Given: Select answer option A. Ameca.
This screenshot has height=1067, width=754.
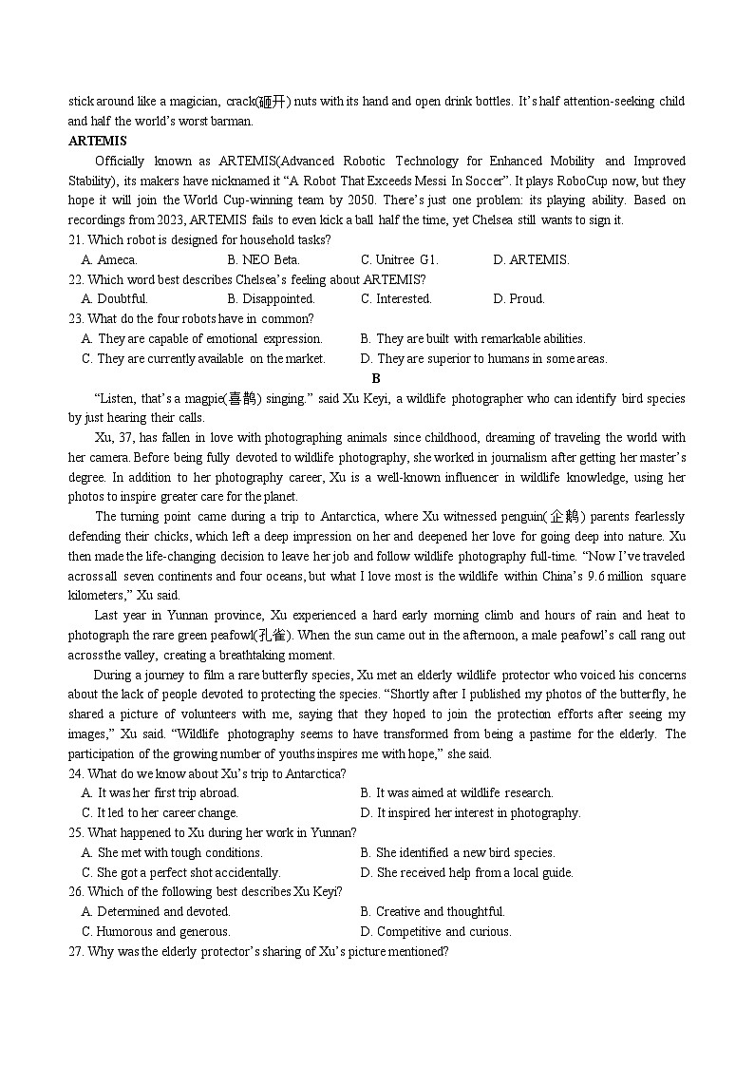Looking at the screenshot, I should tap(109, 259).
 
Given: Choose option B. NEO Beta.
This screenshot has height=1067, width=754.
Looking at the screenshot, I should tap(263, 259).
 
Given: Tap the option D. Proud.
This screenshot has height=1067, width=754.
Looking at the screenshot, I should tap(518, 298).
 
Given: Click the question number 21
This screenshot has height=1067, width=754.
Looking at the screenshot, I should tap(76, 239).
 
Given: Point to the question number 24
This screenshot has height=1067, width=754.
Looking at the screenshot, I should tap(76, 773).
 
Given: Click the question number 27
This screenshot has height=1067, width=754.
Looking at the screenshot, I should tap(76, 951).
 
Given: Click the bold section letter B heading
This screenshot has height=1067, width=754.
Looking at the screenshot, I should tap(376, 378).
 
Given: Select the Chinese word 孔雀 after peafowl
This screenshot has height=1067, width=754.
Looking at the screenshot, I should tap(273, 636).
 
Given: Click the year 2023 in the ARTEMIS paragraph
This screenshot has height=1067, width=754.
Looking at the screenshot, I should tap(153, 220).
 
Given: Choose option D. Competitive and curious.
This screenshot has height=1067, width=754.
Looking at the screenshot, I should tap(436, 931).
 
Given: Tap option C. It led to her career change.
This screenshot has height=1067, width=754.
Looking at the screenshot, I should tap(160, 812).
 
